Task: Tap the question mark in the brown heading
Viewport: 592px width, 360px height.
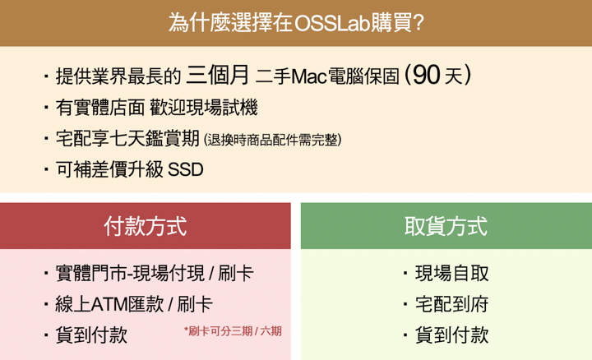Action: point(419,23)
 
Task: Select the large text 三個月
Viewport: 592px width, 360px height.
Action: point(217,74)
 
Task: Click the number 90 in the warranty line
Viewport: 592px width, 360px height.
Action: point(426,74)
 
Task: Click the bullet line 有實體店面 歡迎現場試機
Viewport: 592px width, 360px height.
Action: point(157,108)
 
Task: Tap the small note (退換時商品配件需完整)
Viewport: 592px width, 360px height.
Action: point(273,140)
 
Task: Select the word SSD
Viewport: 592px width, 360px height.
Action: point(185,169)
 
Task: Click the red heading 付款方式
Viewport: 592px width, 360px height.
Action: point(146,226)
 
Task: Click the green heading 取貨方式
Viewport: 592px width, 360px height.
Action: point(446,226)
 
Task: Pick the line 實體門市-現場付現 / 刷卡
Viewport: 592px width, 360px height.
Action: point(155,274)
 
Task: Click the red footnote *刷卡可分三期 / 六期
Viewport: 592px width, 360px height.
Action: point(233,331)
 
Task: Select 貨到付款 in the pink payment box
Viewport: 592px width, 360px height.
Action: point(91,335)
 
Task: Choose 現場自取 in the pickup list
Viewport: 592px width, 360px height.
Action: point(452,274)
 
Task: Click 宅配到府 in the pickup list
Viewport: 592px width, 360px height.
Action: point(452,305)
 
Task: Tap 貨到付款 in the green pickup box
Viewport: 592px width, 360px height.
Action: point(452,335)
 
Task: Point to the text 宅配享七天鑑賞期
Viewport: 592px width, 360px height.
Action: point(127,138)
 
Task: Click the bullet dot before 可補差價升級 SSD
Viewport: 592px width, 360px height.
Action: point(46,169)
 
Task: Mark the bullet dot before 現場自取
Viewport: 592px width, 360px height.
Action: point(405,273)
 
